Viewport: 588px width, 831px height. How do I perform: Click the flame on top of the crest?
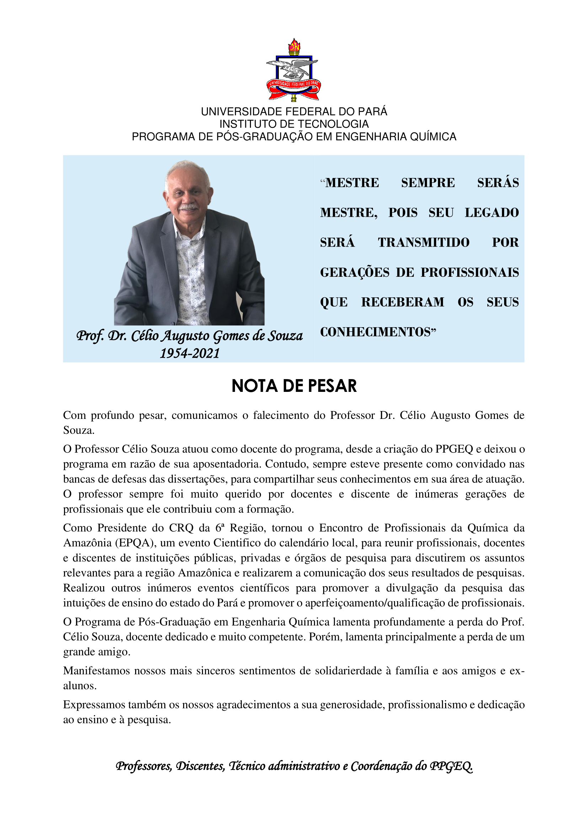[294, 45]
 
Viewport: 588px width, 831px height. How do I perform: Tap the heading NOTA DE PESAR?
[294, 386]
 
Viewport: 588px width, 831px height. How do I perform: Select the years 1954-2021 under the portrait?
[190, 353]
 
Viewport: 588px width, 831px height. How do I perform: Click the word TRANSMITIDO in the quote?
[424, 242]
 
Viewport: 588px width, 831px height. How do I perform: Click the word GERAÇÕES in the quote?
[354, 272]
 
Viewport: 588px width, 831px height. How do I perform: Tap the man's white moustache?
[189, 207]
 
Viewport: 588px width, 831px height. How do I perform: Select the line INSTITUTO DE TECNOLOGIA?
[294, 124]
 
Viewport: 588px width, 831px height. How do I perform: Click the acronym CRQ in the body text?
[181, 528]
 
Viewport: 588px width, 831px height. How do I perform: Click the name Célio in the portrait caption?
[145, 336]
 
